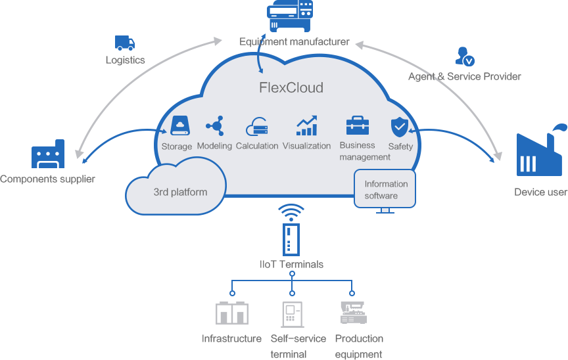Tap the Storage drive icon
[x=179, y=125]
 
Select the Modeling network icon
[x=214, y=125]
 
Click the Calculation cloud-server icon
[x=256, y=126]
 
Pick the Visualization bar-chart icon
[x=306, y=125]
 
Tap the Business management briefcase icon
[x=358, y=125]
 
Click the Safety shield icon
[x=400, y=126]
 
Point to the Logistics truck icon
[x=125, y=43]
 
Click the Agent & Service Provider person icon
[x=464, y=56]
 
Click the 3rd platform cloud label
[x=180, y=192]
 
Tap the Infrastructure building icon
[x=231, y=313]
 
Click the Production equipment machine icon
[x=353, y=313]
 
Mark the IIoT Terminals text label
[x=291, y=264]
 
